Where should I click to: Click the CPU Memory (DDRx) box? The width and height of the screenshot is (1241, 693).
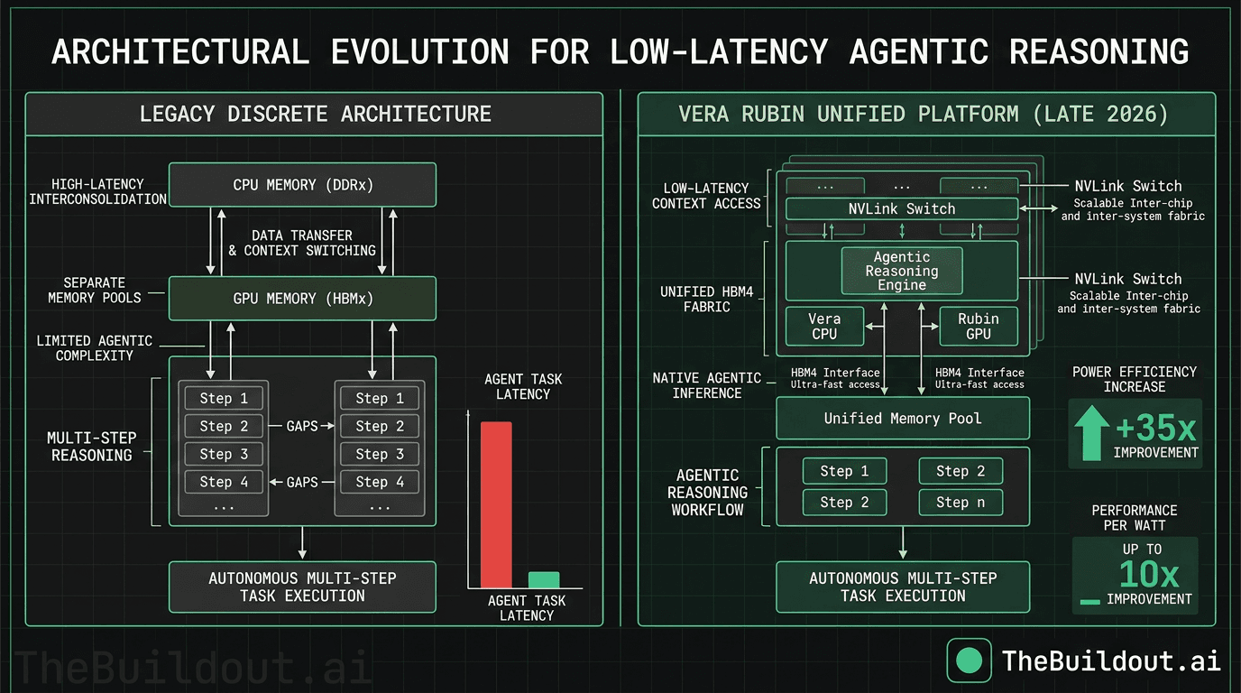[x=302, y=185]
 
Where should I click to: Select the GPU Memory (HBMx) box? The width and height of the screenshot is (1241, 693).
[x=302, y=298]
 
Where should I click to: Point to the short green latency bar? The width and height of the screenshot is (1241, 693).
[x=543, y=579]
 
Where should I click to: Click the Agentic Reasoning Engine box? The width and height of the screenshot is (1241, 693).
[x=902, y=271]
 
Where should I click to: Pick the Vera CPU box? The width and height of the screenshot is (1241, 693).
[x=824, y=326]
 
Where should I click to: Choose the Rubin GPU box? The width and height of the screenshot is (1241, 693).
[x=979, y=326]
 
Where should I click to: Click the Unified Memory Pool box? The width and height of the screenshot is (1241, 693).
[x=902, y=419]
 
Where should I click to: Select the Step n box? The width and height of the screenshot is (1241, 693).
[x=961, y=503]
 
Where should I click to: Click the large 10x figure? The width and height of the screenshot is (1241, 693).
[x=1148, y=574]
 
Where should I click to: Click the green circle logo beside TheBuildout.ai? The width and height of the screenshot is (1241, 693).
[x=969, y=661]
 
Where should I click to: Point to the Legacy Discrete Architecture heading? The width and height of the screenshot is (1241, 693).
[x=316, y=115]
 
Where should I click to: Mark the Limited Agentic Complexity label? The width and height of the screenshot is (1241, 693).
[x=95, y=348]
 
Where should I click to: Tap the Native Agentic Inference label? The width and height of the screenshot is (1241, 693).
[x=707, y=385]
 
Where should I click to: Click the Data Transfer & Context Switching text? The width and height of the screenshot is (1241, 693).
[x=302, y=243]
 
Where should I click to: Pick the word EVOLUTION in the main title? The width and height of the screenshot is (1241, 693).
[x=420, y=51]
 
